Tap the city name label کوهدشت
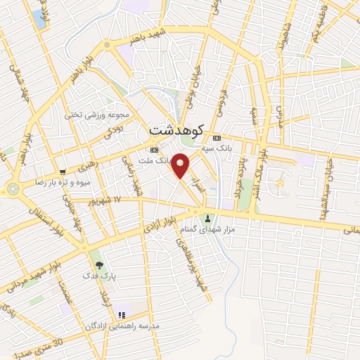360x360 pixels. coord(177,130)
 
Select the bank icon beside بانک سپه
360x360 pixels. coord(217,138)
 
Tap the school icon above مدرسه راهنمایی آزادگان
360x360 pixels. coord(121,315)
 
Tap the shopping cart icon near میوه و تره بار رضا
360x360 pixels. coord(63,172)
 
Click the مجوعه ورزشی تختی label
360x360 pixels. coord(98,115)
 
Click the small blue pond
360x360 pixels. coord(38,18)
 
